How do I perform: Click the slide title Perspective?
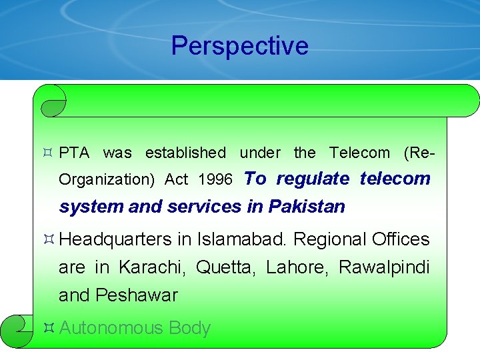pos(239,46)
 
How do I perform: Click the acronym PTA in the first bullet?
pos(74,153)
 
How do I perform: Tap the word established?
pos(185,153)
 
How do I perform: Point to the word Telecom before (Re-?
pos(359,153)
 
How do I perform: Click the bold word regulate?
pos(313,179)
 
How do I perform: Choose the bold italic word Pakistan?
pos(307,207)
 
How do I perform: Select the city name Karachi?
pos(153,267)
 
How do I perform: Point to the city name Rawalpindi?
pos(384,267)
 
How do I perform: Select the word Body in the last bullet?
pos(190,328)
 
